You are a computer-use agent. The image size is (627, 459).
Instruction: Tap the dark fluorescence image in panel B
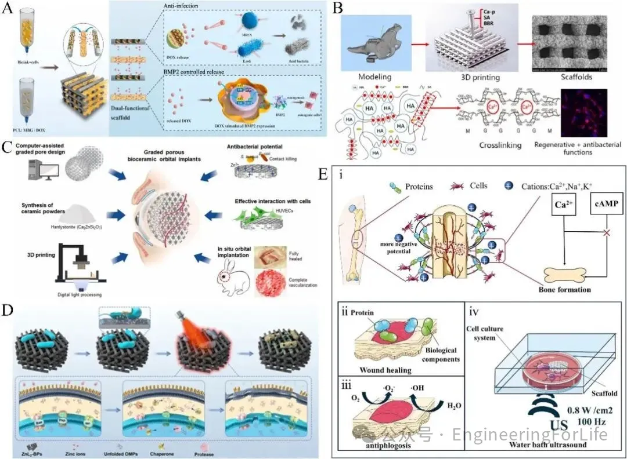click(584, 112)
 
